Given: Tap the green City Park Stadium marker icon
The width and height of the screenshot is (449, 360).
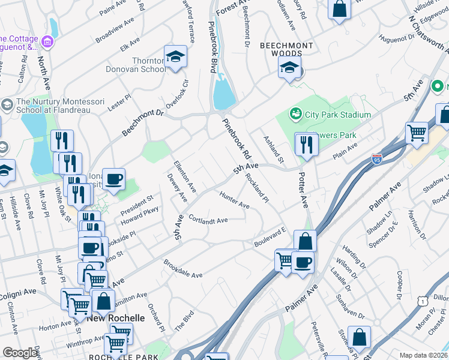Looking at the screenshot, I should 295,113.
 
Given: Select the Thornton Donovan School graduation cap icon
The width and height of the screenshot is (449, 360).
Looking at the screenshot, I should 175,57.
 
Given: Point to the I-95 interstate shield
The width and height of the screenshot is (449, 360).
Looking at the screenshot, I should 376,160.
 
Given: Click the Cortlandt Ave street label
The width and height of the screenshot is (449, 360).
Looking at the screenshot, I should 208,220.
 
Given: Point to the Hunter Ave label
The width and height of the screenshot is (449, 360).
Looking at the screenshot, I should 234,200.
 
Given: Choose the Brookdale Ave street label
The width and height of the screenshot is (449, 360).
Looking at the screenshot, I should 183,268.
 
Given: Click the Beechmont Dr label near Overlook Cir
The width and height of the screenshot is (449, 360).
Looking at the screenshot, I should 143,122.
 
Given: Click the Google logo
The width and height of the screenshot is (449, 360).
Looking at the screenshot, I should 20,353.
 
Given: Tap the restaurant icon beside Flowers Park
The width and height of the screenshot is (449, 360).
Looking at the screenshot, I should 306,145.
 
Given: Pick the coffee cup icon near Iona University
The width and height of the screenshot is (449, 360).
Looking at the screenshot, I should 113,178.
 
